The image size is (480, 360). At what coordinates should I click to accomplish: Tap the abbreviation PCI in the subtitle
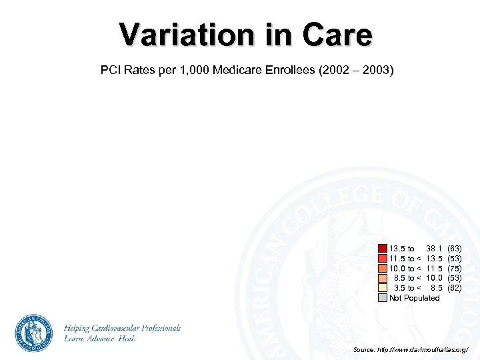[111, 69]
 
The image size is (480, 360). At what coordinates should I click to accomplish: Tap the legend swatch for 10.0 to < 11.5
[382, 268]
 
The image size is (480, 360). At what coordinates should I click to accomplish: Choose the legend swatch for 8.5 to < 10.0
[382, 278]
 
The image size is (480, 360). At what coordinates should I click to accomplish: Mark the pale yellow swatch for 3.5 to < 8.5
[382, 288]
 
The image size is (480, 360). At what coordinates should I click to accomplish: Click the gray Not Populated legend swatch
[382, 298]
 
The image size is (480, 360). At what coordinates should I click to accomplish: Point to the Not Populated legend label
[415, 298]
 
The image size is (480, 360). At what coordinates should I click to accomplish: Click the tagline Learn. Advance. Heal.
[100, 339]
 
